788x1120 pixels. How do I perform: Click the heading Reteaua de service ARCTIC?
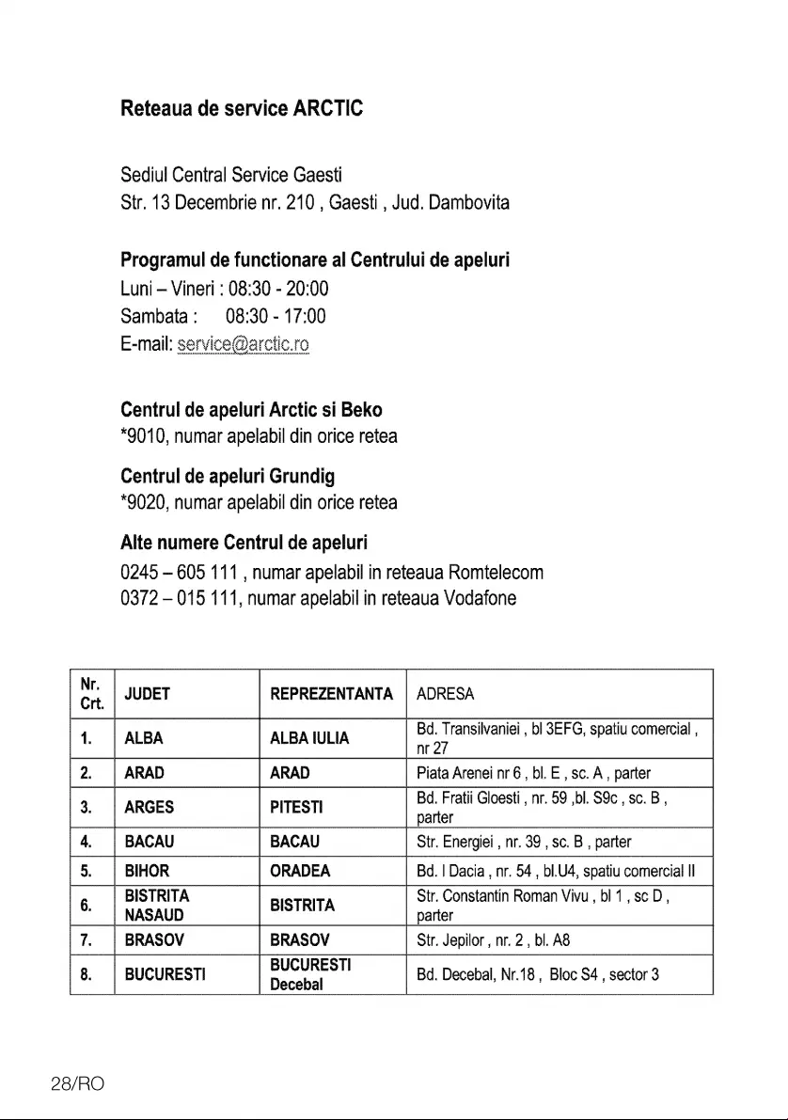click(x=242, y=108)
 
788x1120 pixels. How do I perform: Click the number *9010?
click(x=145, y=437)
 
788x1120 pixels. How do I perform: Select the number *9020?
click(x=145, y=503)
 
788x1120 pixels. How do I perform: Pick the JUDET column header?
click(x=148, y=695)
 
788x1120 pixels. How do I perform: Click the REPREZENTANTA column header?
click(x=331, y=695)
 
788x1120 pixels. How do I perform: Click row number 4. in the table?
click(x=86, y=841)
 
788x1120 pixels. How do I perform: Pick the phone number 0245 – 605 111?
click(x=183, y=573)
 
